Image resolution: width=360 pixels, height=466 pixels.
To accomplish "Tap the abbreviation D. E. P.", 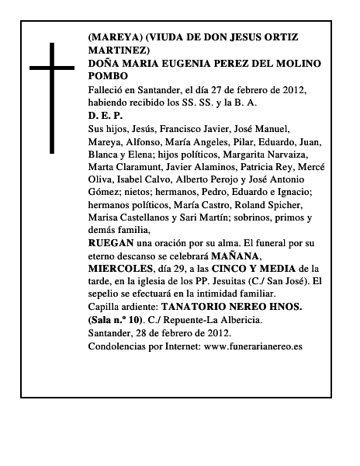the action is tap(106, 115).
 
